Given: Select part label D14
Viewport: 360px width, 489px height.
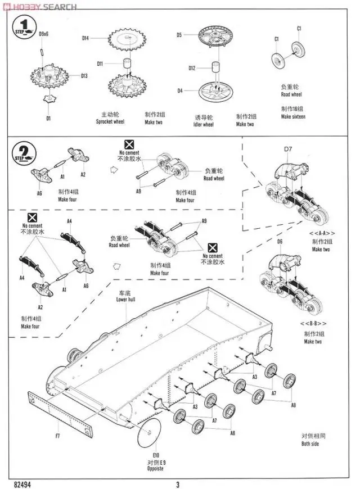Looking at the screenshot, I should pyautogui.click(x=85, y=38).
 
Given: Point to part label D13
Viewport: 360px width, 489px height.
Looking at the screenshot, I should pyautogui.click(x=84, y=76).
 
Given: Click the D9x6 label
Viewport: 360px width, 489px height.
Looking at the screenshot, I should pyautogui.click(x=44, y=34).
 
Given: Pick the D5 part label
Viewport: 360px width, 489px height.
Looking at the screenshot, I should pyautogui.click(x=179, y=35).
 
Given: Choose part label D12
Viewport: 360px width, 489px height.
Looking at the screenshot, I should pyautogui.click(x=192, y=69).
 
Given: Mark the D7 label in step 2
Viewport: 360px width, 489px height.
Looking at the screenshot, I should pyautogui.click(x=287, y=149).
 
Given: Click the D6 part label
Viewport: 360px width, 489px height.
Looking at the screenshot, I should pyautogui.click(x=280, y=242).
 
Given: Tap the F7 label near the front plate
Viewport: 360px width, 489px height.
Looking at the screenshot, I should pyautogui.click(x=57, y=436).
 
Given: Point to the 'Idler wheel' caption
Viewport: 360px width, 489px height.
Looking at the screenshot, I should pyautogui.click(x=204, y=124).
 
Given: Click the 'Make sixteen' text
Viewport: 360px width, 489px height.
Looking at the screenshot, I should pyautogui.click(x=294, y=116).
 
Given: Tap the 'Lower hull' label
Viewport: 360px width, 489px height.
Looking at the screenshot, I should pyautogui.click(x=126, y=300).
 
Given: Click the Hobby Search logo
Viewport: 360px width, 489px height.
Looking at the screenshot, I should pyautogui.click(x=39, y=7).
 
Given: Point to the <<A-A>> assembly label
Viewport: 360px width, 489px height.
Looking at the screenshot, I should pyautogui.click(x=321, y=233).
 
